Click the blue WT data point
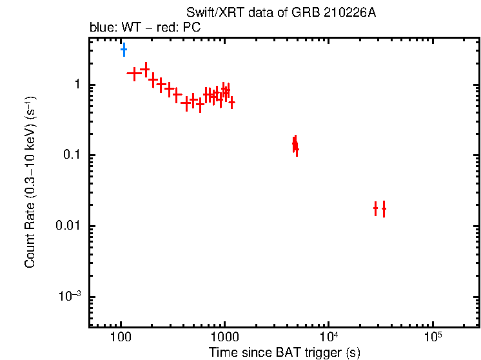point(124,49)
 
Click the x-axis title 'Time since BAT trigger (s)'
point(284,353)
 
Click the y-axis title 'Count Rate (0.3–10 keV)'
point(30,183)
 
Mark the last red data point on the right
point(384,209)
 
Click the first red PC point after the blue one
point(134,74)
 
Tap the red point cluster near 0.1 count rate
point(295,145)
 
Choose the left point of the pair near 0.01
point(375,208)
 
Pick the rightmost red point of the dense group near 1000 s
point(231,102)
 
